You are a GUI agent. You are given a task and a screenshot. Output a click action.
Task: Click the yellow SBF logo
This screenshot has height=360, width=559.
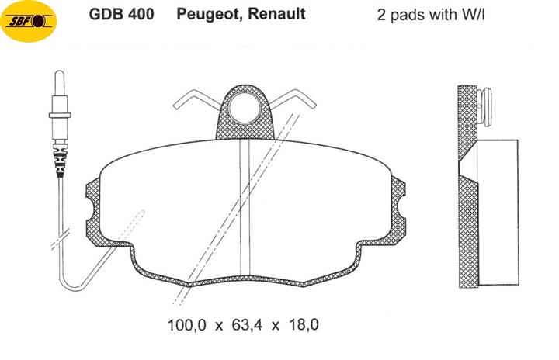coord(29,22)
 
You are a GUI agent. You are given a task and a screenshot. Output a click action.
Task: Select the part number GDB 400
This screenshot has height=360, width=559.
coord(122,14)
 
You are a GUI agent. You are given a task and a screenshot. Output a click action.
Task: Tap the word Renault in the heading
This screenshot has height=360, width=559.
coord(276,14)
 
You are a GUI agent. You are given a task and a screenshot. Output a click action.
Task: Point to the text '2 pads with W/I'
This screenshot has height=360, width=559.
coord(431,15)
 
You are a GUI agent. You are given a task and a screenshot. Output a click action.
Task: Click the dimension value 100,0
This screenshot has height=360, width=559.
coord(187,325)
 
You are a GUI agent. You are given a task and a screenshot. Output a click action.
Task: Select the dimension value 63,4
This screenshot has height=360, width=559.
coord(247,325)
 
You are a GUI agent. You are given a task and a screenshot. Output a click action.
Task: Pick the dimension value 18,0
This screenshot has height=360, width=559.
coord(304,325)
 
